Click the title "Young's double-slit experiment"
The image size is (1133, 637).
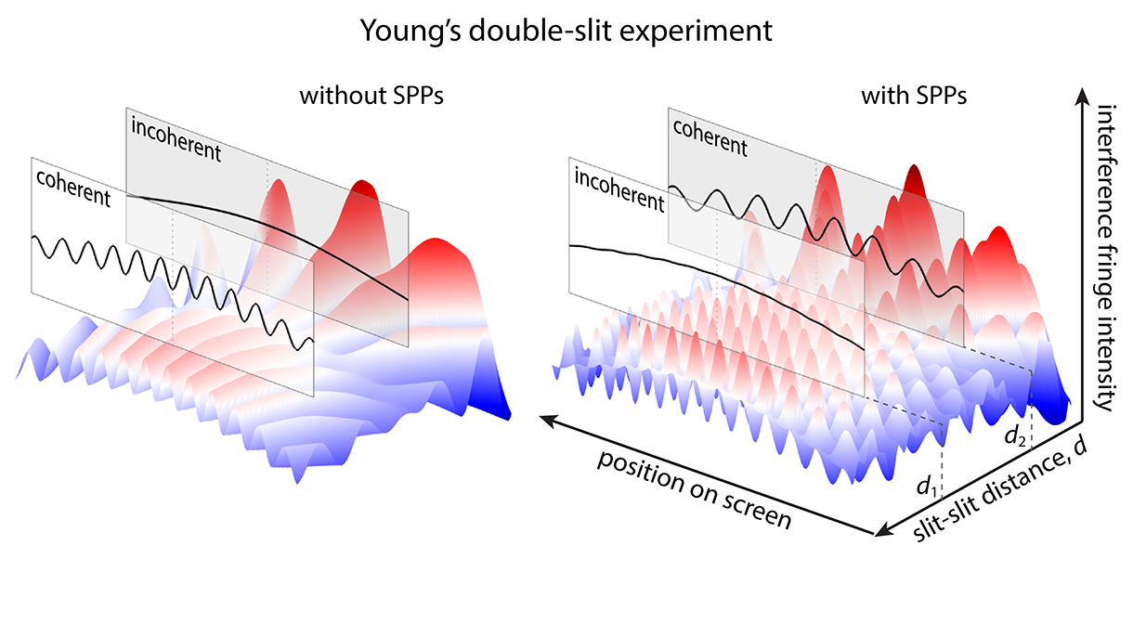(566, 30)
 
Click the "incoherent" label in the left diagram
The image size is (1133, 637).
(176, 138)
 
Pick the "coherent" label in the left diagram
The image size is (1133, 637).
(72, 187)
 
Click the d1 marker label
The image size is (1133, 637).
(924, 487)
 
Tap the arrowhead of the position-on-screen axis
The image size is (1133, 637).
(548, 421)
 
